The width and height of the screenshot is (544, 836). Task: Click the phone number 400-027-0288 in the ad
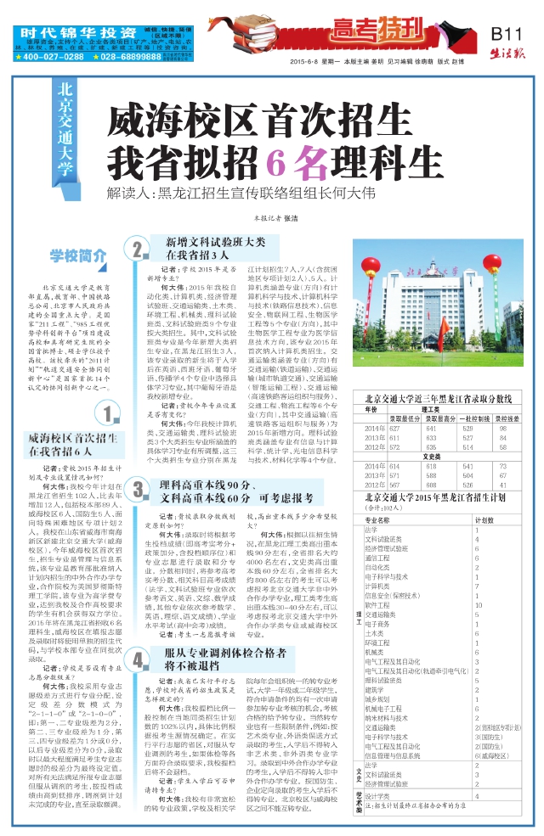pyautogui.click(x=53, y=57)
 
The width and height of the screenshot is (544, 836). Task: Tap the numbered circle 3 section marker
pyautogui.click(x=138, y=490)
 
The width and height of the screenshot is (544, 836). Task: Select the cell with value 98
pyautogui.click(x=503, y=429)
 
